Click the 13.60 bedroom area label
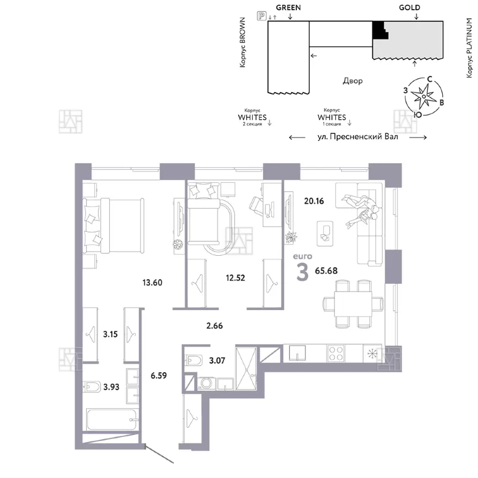(152, 283)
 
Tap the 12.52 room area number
(235, 278)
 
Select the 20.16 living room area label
(314, 201)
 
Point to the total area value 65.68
(326, 271)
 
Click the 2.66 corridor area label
(215, 326)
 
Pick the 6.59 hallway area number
(158, 375)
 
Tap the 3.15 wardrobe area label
(110, 334)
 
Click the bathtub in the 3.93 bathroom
(111, 419)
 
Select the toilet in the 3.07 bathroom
(194, 361)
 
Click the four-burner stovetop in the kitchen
(336, 353)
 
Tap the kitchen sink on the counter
(297, 353)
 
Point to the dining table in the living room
(353, 304)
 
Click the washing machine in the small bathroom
(206, 384)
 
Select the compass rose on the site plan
(424, 97)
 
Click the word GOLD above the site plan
(409, 8)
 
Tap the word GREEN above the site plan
(288, 8)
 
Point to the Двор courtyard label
(353, 81)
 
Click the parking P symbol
(262, 16)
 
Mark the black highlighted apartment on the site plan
(380, 30)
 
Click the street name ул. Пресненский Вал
(357, 137)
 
